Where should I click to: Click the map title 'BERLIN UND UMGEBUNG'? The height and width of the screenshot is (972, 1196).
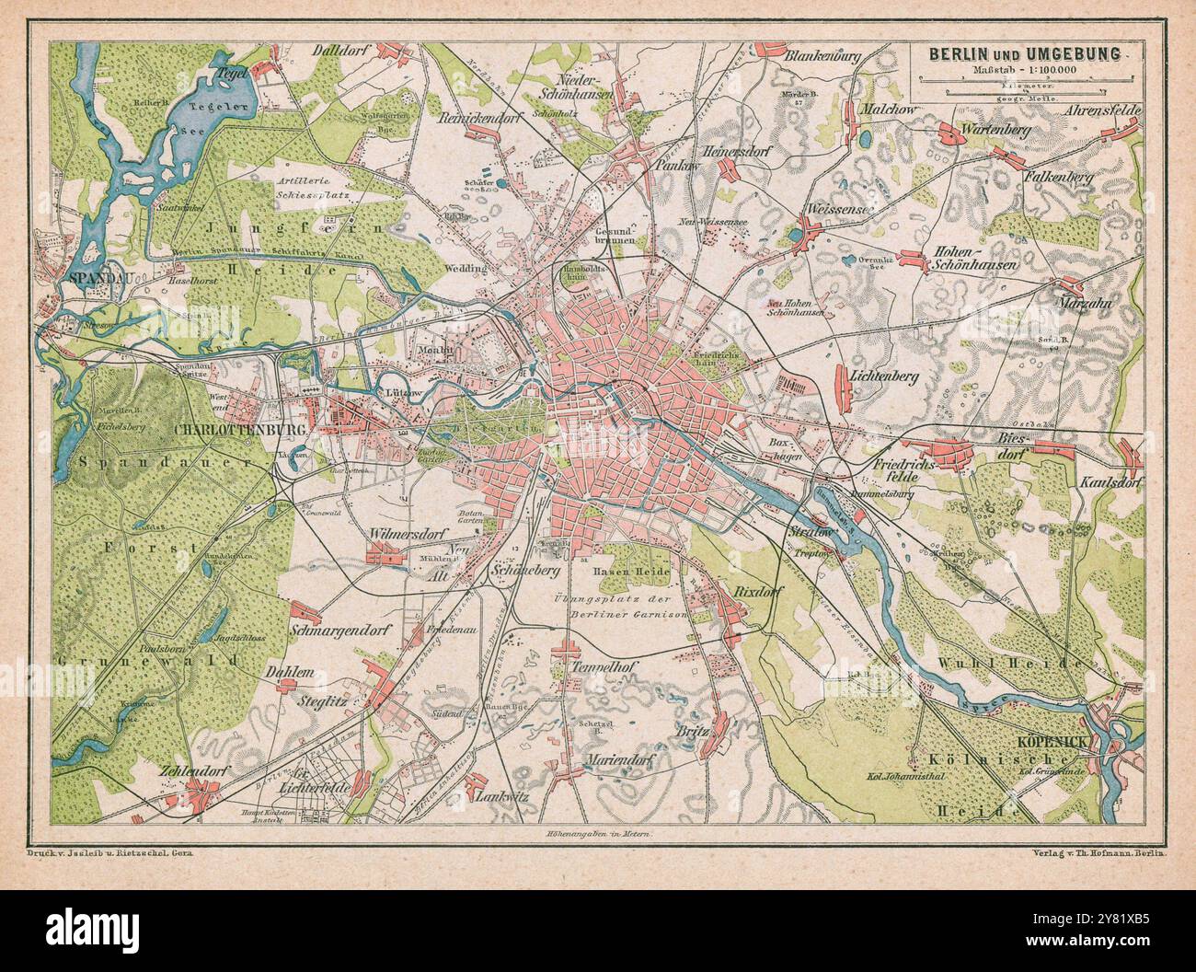[x=1024, y=54]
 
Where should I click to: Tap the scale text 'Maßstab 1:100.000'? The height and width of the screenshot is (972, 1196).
[x=1024, y=71]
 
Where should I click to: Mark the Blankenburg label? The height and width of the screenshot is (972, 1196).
[x=822, y=57]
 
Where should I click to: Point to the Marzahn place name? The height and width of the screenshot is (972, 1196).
[x=1091, y=303]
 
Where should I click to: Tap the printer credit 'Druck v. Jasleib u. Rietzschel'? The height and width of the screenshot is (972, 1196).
[x=109, y=853]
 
